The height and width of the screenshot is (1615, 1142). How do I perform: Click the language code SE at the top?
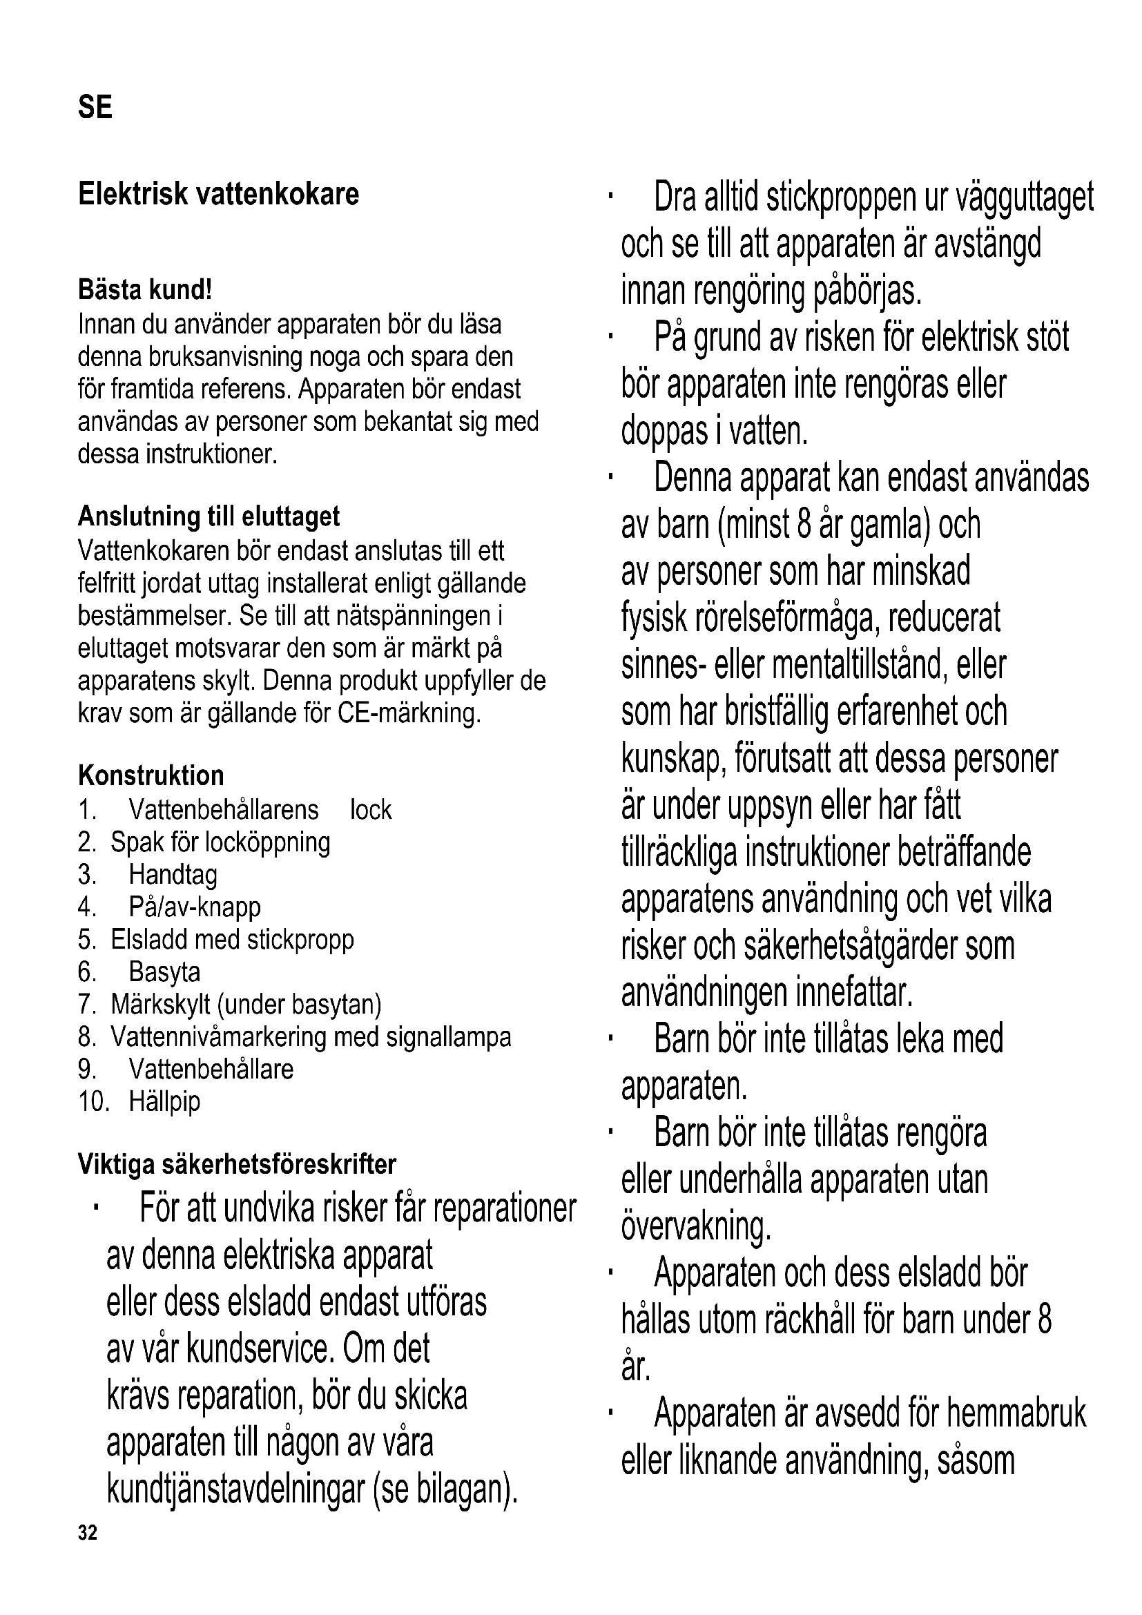[x=95, y=107]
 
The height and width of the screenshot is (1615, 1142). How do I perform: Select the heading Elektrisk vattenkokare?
[x=218, y=194]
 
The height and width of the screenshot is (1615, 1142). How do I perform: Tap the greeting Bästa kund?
[x=145, y=289]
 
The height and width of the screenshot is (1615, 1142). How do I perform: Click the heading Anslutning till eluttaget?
[x=209, y=516]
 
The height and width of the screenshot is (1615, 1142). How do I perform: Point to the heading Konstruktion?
[x=151, y=775]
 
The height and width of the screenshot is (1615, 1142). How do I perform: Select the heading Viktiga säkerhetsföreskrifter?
[x=237, y=1164]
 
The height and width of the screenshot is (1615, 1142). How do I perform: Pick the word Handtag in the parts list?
[x=173, y=875]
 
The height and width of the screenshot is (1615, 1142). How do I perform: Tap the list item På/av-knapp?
[x=195, y=907]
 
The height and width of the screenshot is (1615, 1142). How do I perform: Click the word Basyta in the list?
[x=164, y=972]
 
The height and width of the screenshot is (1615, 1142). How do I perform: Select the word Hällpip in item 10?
[x=164, y=1101]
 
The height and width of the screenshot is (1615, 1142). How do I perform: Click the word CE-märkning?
[x=409, y=713]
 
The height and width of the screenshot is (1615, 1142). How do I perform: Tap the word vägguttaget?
[x=1025, y=198]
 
